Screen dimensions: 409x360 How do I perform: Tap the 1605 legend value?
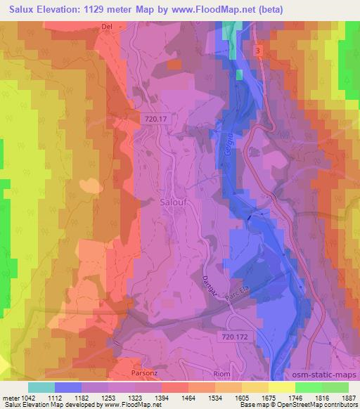pos(243,397)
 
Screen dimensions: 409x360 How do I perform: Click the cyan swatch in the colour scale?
pos(41,387)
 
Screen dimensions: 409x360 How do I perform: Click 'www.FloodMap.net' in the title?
pos(222,10)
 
